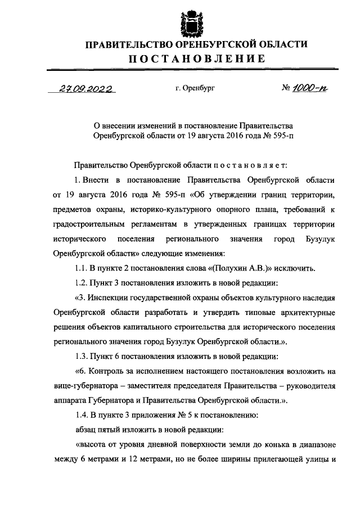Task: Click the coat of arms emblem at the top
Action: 190,24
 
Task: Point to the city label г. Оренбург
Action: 195,89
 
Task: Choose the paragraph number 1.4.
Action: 82,415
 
